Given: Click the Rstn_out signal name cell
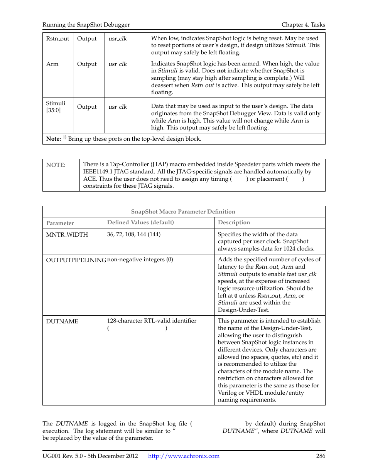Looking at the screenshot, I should click(57, 39).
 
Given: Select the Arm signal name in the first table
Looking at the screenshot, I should click(52, 64).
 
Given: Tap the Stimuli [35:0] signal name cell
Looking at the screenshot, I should click(56, 107).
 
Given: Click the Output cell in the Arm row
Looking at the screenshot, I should click(87, 64).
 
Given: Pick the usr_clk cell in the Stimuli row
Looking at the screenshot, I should click(118, 107).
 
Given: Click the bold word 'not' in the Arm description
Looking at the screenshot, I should click(221, 71).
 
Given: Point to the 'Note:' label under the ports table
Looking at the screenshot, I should click(53, 139).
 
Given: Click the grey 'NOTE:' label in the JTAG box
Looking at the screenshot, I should click(56, 165).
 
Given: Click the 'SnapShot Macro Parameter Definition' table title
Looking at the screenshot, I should click(183, 212).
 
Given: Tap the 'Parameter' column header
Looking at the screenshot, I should click(60, 223).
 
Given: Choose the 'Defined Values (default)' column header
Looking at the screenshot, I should click(140, 222).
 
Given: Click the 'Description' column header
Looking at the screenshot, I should click(234, 222).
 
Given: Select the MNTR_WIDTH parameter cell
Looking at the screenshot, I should click(67, 235).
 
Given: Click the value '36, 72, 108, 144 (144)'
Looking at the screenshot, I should click(134, 234).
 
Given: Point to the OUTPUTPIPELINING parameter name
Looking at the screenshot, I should click(75, 260).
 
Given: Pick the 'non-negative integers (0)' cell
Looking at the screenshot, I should click(140, 259).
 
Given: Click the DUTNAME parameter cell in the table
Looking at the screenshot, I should click(62, 321).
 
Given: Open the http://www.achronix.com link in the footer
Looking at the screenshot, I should click(184, 456).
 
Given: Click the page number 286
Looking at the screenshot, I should click(321, 456).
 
